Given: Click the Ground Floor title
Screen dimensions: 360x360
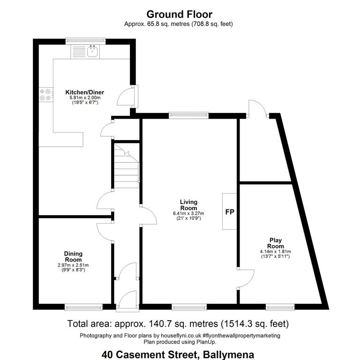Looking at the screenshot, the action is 180,15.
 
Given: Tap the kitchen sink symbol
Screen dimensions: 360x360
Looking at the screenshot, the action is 93,51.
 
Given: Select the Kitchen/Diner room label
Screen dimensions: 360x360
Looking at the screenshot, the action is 84,92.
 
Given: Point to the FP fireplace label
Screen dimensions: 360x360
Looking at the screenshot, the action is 230,212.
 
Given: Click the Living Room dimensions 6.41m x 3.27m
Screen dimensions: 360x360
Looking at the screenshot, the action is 188,213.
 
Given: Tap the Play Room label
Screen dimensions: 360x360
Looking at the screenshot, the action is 275,243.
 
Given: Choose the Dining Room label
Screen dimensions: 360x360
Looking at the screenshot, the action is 73,257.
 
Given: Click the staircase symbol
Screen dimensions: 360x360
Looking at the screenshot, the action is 127,166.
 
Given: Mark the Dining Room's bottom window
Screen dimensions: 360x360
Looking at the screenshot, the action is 83,307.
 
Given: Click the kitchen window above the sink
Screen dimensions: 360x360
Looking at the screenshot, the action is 86,41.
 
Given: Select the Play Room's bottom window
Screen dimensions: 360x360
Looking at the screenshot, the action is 280,307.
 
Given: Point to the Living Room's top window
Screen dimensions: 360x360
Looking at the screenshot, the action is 189,115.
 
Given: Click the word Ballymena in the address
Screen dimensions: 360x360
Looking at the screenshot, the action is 228,354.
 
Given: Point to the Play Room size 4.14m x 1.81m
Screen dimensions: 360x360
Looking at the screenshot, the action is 275,252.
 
